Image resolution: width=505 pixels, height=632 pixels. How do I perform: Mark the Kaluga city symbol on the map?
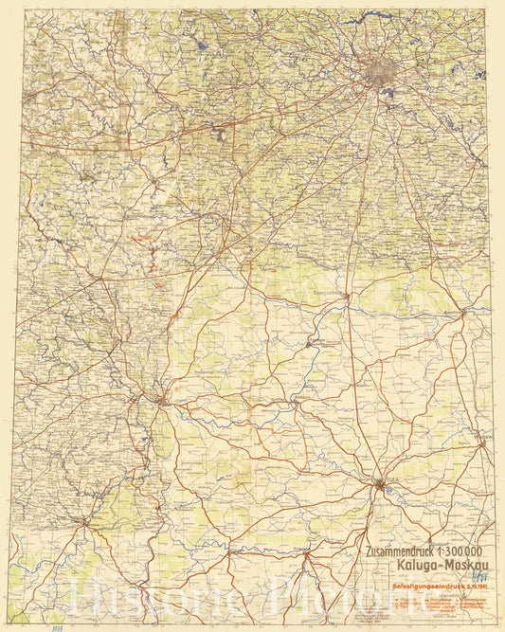point(162,400)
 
